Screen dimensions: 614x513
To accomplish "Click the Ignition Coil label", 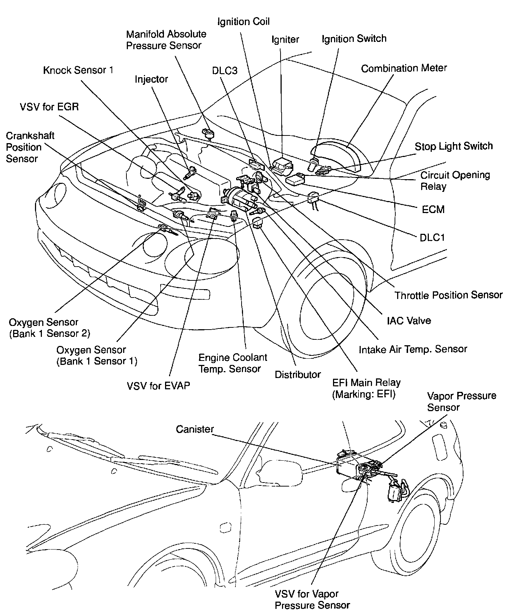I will pos(243,21).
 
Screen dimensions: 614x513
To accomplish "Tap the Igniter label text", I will pos(285,39).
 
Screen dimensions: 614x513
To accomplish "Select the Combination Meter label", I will pos(404,68).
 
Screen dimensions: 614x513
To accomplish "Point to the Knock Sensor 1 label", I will pos(78,70).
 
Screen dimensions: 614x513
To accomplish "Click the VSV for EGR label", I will pos(49,107).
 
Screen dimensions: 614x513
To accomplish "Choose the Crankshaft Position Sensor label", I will pos(30,147).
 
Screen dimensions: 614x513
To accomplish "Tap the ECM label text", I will pos(433,209).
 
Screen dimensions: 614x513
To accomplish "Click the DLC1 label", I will pos(432,237).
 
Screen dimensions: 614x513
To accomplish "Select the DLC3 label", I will pos(225,71).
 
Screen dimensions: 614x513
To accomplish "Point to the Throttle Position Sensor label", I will pos(449,295).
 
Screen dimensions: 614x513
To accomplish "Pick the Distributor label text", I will pos(298,374).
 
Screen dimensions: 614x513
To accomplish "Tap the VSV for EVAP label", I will pos(158,385).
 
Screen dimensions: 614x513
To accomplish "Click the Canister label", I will pos(195,429).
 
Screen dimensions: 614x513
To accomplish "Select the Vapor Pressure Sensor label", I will pos(461,401).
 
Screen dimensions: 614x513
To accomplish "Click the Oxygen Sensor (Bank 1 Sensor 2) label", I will pos(49,328).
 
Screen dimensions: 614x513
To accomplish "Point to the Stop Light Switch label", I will pos(454,146).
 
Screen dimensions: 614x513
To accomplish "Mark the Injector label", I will pos(151,79).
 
